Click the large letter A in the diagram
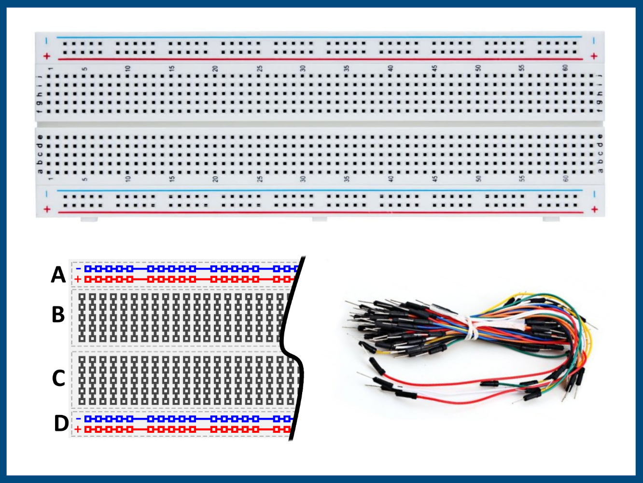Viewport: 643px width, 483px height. [58, 275]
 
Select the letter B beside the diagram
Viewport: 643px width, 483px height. [58, 315]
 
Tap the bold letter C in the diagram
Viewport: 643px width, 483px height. [58, 378]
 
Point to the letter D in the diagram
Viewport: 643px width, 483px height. [61, 423]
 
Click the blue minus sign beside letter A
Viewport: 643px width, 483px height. [78, 268]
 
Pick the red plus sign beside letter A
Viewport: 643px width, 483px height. [78, 279]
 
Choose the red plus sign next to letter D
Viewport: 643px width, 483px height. [78, 429]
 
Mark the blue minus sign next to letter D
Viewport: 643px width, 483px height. [78, 418]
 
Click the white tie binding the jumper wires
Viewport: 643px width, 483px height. [471, 329]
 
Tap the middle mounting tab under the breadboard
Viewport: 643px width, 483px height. [319, 220]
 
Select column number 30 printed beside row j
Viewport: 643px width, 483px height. [303, 69]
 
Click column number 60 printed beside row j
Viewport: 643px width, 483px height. [565, 69]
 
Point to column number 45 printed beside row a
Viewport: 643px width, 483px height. [434, 179]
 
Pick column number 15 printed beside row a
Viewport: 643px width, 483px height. [171, 179]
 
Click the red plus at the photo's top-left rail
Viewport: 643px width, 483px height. [47, 56]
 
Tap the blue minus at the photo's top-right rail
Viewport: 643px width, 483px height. [594, 41]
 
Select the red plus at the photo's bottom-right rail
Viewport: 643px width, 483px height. [594, 209]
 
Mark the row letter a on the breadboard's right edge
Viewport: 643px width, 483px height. [601, 170]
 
